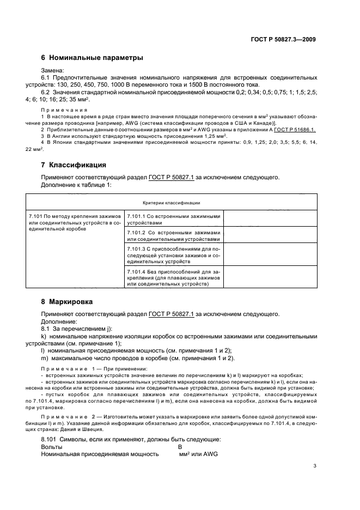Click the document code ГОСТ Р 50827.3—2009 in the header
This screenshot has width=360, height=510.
pyautogui.click(x=284, y=39)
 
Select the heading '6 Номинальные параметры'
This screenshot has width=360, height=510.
pyautogui.click(x=93, y=58)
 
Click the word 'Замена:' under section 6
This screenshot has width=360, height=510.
pyautogui.click(x=53, y=70)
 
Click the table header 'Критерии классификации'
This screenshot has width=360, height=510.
pyautogui.click(x=171, y=203)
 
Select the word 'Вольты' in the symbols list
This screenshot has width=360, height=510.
pyautogui.click(x=52, y=446)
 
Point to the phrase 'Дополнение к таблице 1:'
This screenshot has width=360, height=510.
pyautogui.click(x=76, y=185)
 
